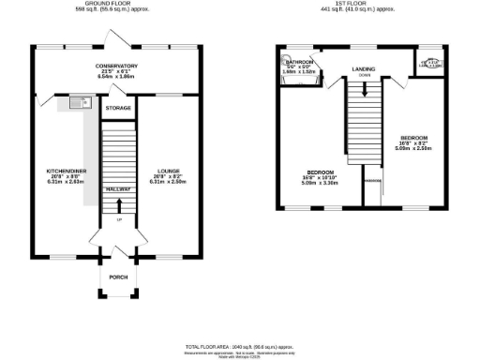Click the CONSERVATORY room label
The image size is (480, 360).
(118, 66)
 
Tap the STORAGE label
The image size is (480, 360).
(118, 109)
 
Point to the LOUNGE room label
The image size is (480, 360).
(168, 171)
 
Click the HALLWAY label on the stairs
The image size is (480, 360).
(118, 188)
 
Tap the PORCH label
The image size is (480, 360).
(118, 277)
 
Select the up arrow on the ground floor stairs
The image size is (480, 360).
(118, 221)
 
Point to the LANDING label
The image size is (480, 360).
(364, 69)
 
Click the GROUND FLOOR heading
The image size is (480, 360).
(118, 3)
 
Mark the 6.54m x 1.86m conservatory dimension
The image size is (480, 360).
(118, 77)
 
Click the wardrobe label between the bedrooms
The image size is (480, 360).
(371, 179)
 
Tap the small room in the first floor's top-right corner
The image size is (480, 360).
(430, 64)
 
